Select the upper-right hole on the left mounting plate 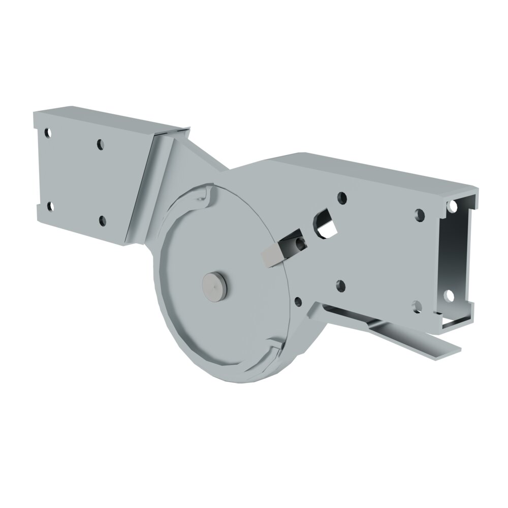click(101, 144)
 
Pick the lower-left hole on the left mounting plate click(50, 206)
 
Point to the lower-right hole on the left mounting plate click(102, 220)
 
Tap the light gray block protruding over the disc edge click(271, 254)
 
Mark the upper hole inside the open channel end click(450, 206)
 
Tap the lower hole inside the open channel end click(449, 296)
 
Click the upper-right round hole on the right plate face click(419, 214)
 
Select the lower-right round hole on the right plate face click(417, 306)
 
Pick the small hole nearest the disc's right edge click(298, 301)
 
